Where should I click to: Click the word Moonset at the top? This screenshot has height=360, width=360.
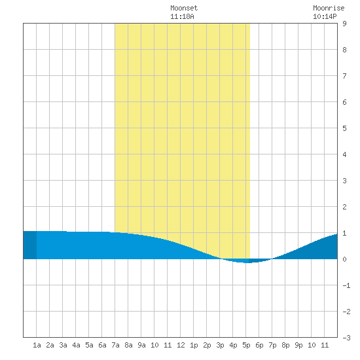(184, 8)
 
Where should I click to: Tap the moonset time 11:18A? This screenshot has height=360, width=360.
(182, 16)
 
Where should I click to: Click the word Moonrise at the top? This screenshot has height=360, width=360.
(329, 8)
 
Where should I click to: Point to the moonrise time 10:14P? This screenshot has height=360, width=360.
(325, 16)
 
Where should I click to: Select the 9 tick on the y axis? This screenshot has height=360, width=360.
(344, 24)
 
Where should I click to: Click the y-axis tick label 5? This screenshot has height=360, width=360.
(344, 128)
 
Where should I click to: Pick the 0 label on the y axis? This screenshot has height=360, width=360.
(344, 259)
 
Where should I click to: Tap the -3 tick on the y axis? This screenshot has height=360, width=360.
(346, 338)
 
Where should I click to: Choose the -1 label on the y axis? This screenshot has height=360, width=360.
(346, 285)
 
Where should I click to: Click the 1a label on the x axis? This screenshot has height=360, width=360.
(37, 345)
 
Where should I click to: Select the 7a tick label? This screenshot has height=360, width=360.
(115, 345)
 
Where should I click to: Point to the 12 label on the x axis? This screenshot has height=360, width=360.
(181, 345)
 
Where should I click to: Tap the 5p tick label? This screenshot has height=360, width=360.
(246, 345)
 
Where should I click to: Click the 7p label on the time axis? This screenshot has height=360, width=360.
(272, 345)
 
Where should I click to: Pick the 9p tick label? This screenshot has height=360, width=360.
(298, 345)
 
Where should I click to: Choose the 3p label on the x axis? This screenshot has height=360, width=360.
(220, 345)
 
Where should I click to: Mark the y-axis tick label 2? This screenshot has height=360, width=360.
(344, 207)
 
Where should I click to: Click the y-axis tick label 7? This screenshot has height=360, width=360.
(344, 76)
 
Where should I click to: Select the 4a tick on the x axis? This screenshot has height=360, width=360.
(76, 345)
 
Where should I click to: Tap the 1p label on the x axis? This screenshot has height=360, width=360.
(194, 345)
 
